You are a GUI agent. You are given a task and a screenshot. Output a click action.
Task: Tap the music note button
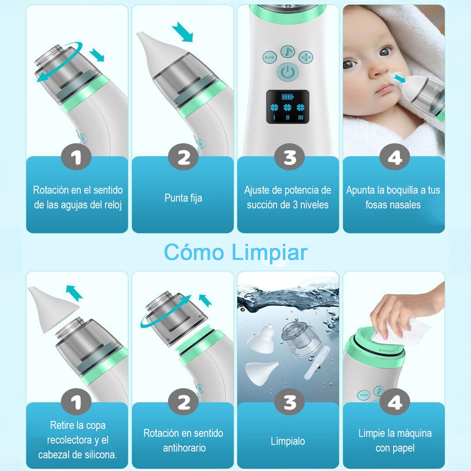(288, 52)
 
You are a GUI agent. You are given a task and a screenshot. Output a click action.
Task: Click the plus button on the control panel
(306, 57)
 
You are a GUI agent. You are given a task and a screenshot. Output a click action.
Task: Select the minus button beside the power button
(270, 57)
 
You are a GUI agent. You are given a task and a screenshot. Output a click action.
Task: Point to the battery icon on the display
(288, 97)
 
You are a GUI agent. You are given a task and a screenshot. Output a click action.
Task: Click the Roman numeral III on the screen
(301, 117)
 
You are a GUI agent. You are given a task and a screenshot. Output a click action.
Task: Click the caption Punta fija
(183, 198)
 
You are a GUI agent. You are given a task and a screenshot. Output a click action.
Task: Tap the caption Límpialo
(288, 441)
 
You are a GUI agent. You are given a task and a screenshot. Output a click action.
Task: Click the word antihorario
(184, 448)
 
